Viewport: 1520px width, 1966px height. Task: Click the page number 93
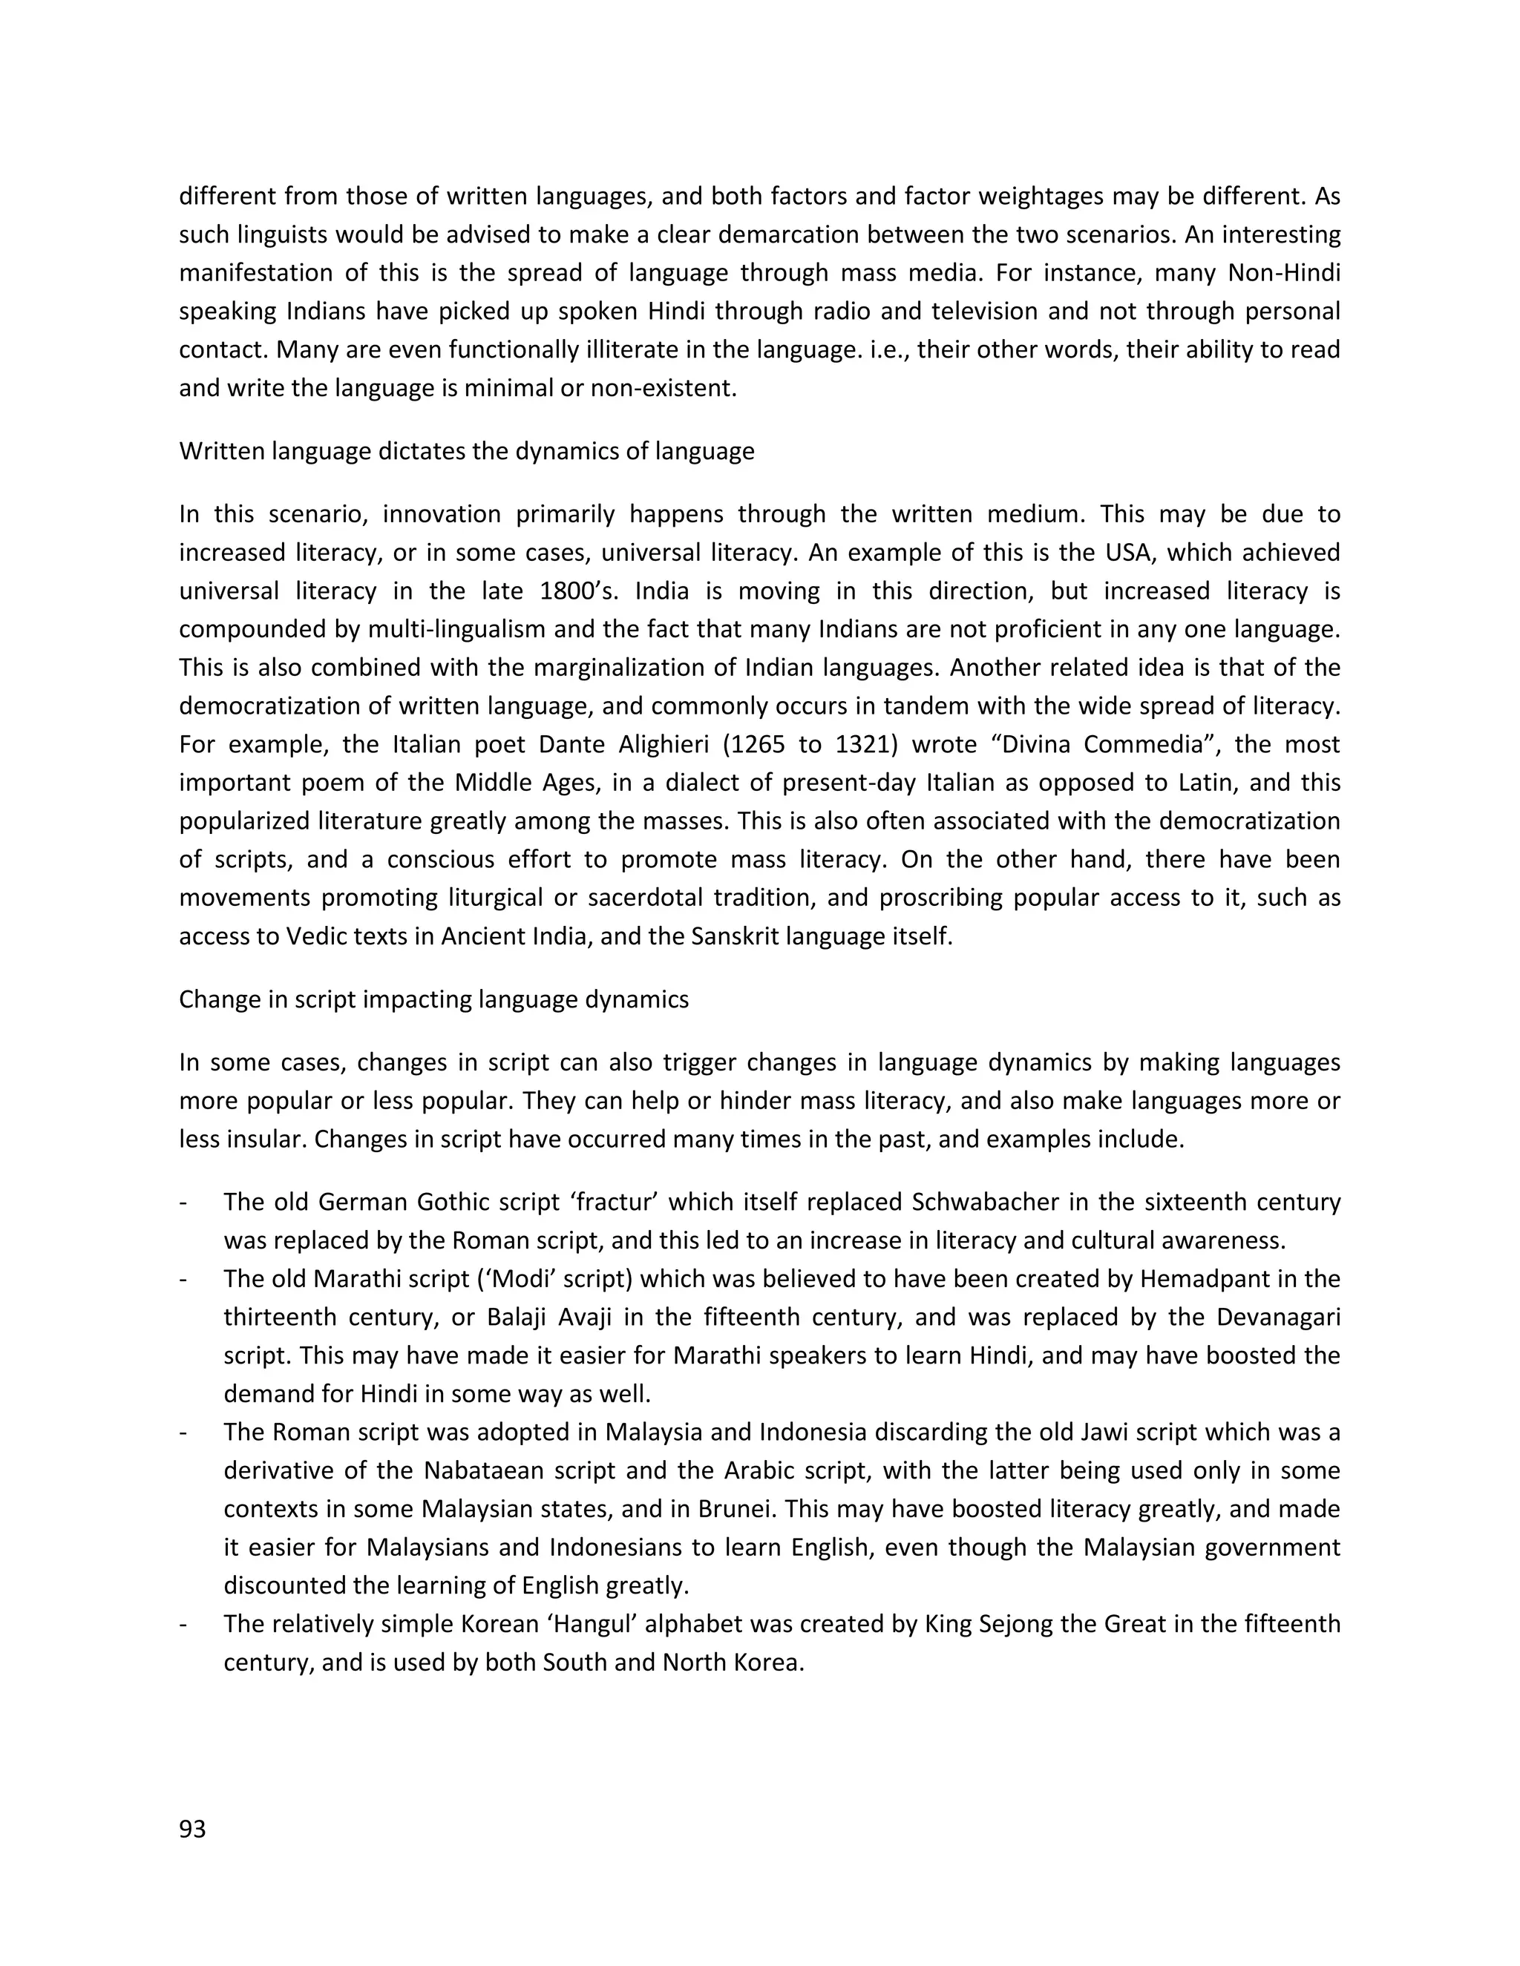click(x=193, y=1829)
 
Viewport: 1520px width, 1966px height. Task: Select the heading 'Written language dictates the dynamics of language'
click(x=466, y=451)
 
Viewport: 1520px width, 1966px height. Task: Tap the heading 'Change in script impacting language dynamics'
click(x=434, y=999)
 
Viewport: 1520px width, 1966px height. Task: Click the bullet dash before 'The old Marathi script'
click(x=184, y=1279)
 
